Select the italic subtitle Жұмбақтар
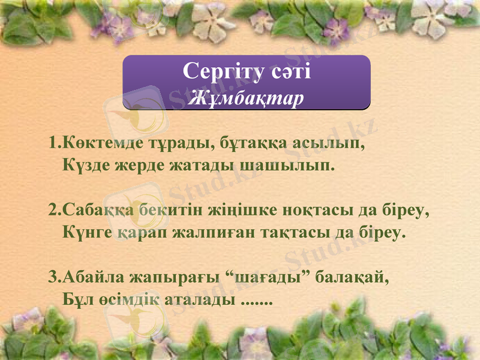click(245, 98)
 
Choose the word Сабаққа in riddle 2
click(98, 211)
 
